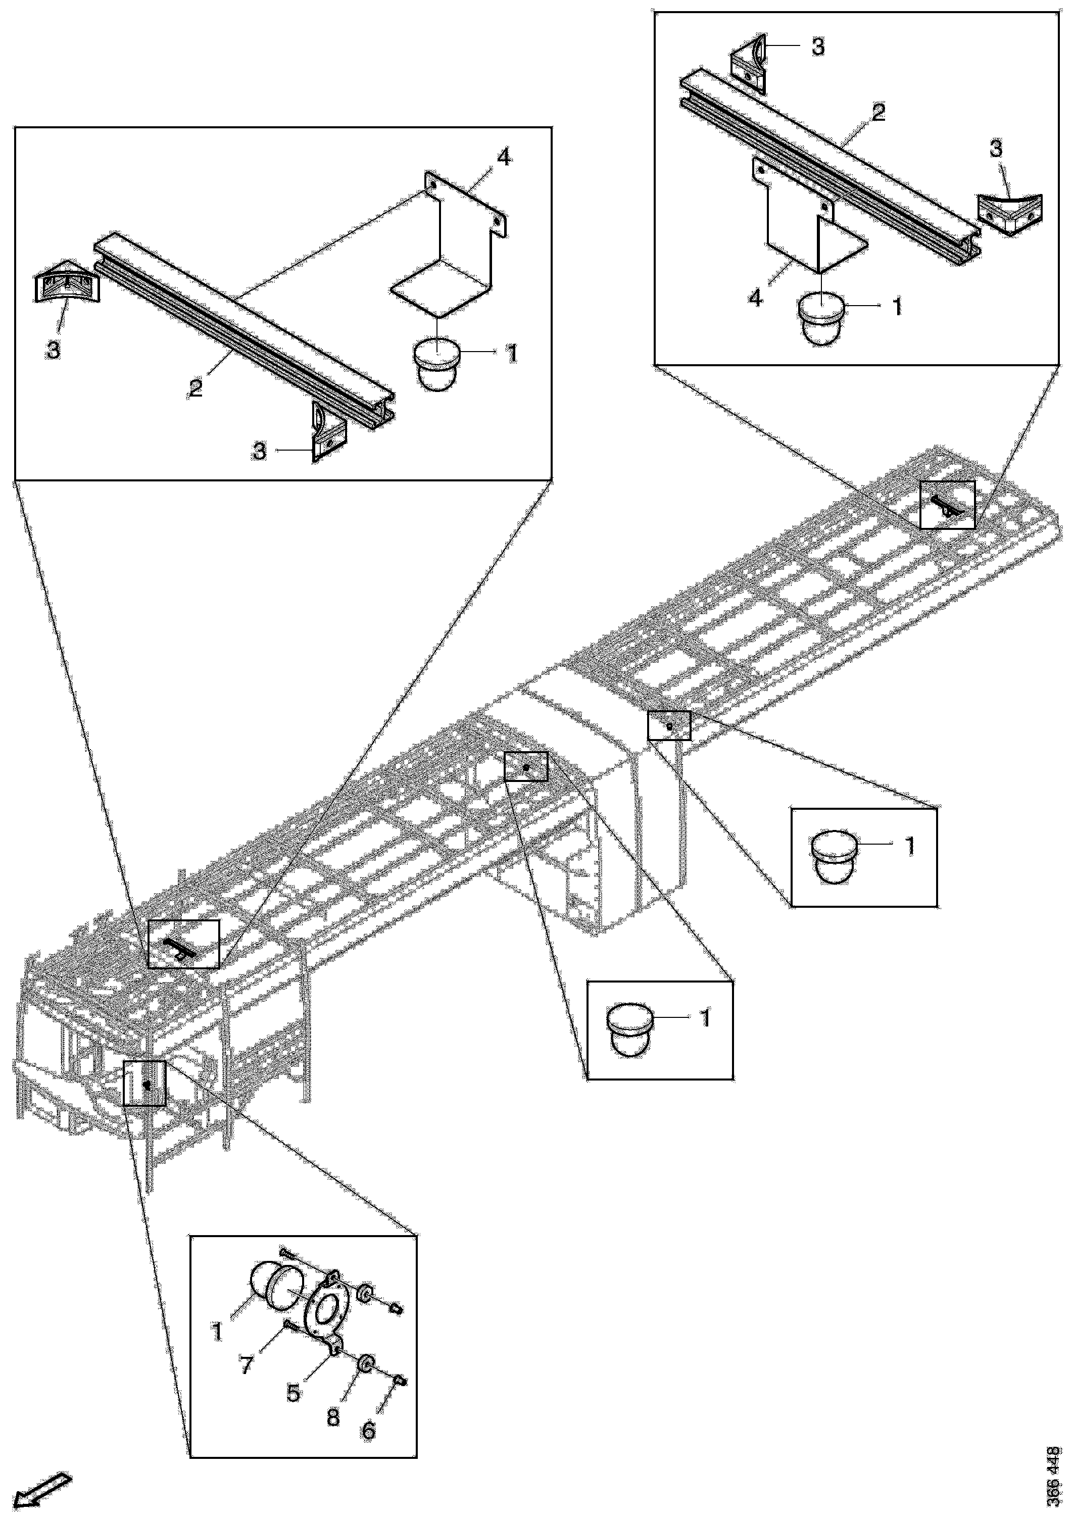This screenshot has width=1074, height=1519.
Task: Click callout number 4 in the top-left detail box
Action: point(504,158)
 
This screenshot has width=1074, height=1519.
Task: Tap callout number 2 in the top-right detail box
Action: point(878,113)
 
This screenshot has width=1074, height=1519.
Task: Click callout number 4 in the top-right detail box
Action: point(756,299)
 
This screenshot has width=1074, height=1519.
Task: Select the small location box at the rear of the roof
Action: point(947,504)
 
